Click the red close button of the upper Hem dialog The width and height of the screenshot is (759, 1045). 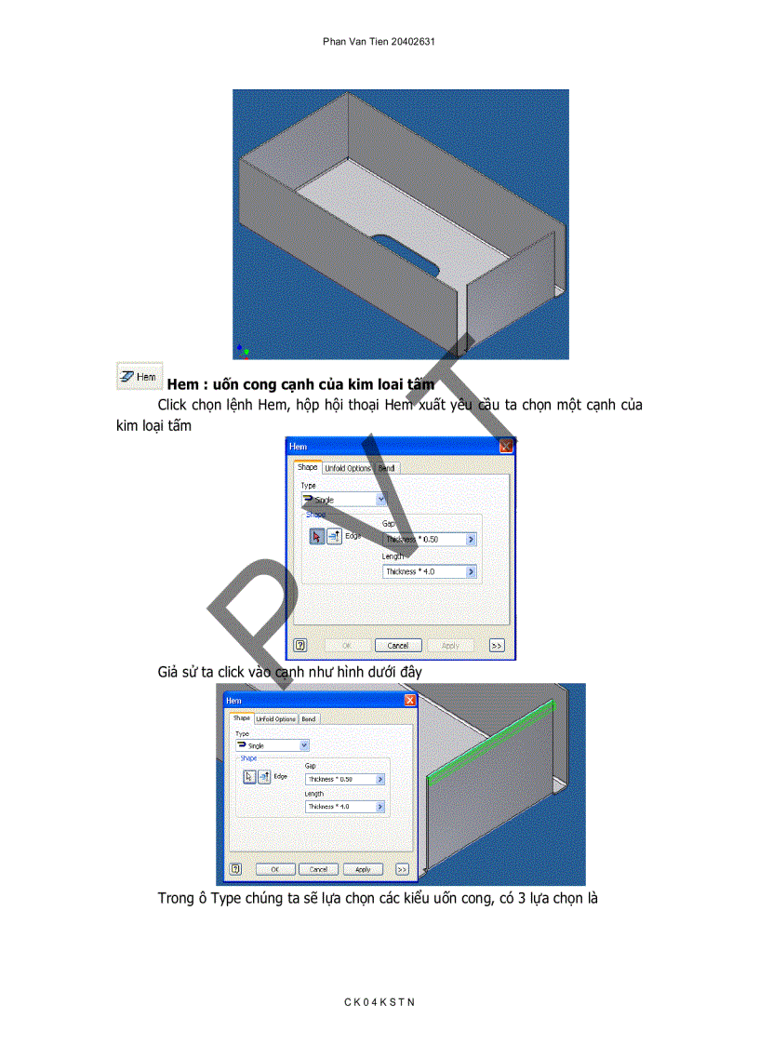pos(506,447)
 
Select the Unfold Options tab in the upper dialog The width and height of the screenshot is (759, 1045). pos(348,468)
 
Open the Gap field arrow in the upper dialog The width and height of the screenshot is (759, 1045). pos(471,539)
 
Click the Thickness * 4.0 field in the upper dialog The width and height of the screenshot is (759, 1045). pos(424,571)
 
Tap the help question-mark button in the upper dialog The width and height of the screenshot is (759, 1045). pos(300,645)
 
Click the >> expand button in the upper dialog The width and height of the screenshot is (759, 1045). pos(497,645)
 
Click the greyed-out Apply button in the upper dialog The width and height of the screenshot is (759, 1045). pos(450,645)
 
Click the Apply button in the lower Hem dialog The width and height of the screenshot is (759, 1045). pos(363,869)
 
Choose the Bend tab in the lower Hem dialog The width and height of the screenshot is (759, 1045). pos(308,719)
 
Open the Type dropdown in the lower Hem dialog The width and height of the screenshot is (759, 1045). pos(304,745)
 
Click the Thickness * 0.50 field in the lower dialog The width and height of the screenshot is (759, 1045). pos(340,779)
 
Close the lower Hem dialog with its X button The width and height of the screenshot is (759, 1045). pos(409,700)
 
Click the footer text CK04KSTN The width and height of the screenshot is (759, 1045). pos(379,1002)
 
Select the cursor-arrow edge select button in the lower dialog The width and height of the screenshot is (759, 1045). pos(249,777)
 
